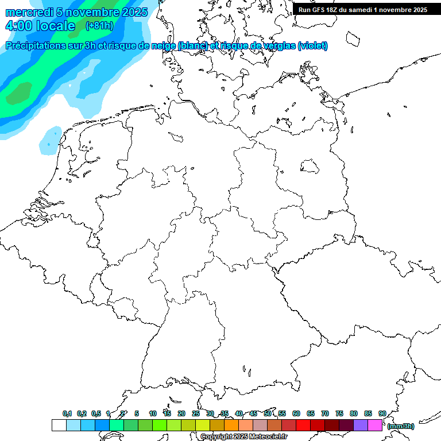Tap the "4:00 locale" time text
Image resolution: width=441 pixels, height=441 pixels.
point(40,26)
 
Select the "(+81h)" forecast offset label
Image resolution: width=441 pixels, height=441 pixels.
point(99,26)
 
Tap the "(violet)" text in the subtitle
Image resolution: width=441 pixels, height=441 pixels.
point(313,46)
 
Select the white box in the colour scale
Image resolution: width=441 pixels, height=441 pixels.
point(59,425)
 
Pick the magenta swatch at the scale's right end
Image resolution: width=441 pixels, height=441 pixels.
point(375,425)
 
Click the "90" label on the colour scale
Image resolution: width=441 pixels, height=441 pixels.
point(382,413)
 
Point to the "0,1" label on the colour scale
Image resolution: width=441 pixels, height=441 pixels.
point(67,413)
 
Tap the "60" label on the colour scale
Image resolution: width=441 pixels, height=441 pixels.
point(296,413)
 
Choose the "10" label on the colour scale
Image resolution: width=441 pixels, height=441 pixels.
point(152,413)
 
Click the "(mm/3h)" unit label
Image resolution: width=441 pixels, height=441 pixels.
point(401,426)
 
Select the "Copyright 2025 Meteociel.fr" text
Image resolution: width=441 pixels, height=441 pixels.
point(243,437)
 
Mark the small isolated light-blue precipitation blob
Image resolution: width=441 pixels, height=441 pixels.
point(51,141)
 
